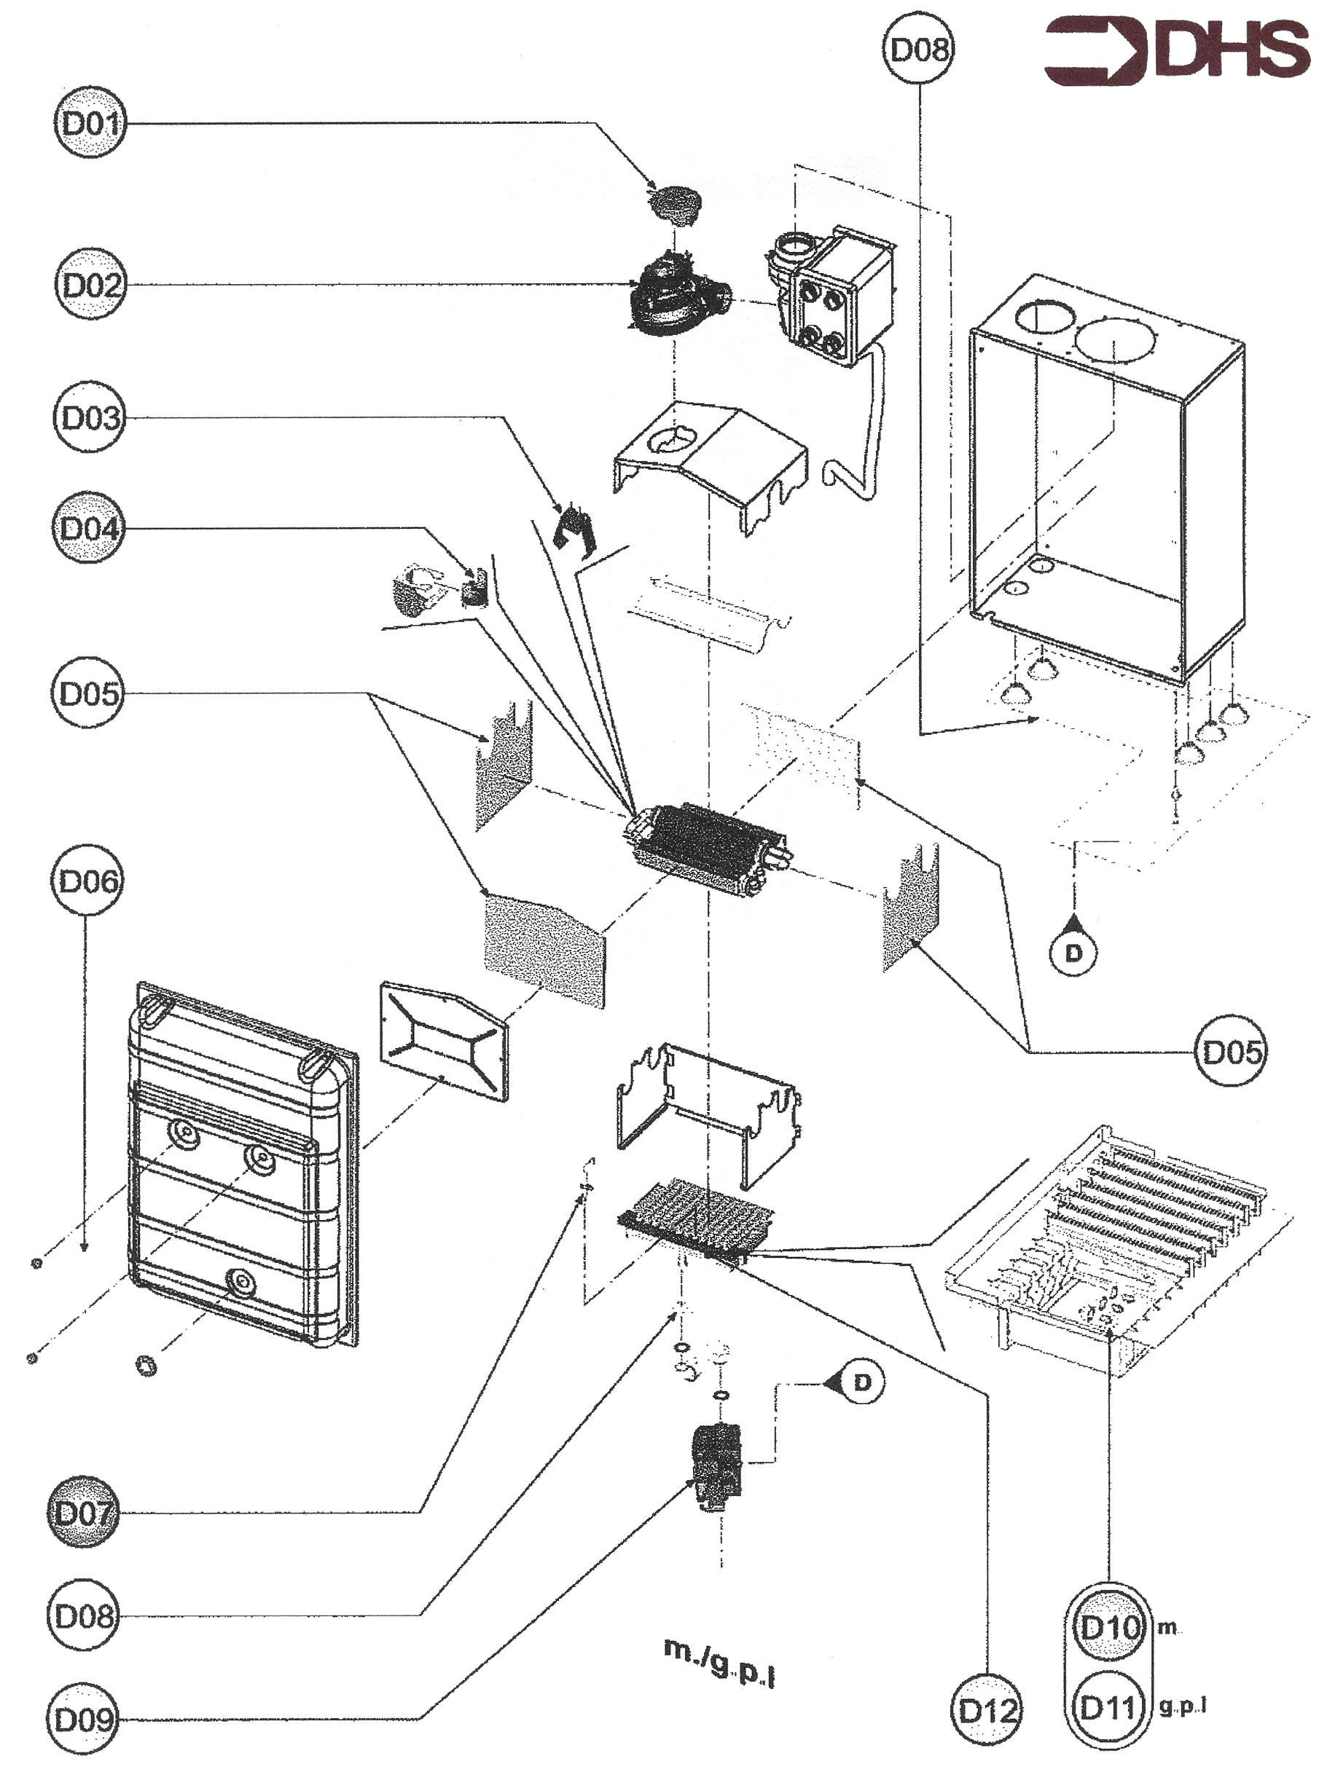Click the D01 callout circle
tap(90, 124)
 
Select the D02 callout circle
tap(90, 285)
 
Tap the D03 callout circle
tap(90, 417)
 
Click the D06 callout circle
tap(88, 881)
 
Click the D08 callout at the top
tap(920, 50)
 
